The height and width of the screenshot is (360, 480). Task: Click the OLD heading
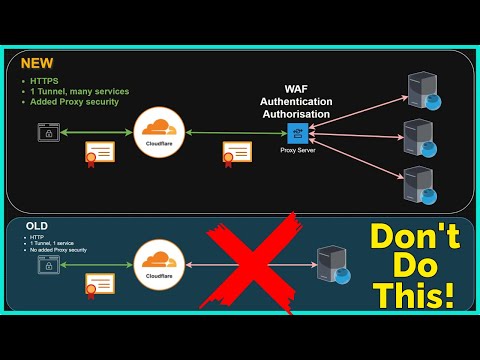point(36,226)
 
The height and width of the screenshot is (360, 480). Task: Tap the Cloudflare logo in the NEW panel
point(159,131)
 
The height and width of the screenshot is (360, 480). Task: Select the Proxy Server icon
point(296,133)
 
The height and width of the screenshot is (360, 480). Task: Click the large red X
point(250,258)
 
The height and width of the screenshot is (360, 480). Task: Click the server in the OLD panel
point(332,266)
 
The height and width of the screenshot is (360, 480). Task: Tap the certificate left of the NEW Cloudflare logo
point(99,153)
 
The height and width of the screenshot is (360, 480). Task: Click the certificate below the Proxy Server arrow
point(237,153)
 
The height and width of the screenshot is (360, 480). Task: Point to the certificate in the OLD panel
point(99,284)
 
